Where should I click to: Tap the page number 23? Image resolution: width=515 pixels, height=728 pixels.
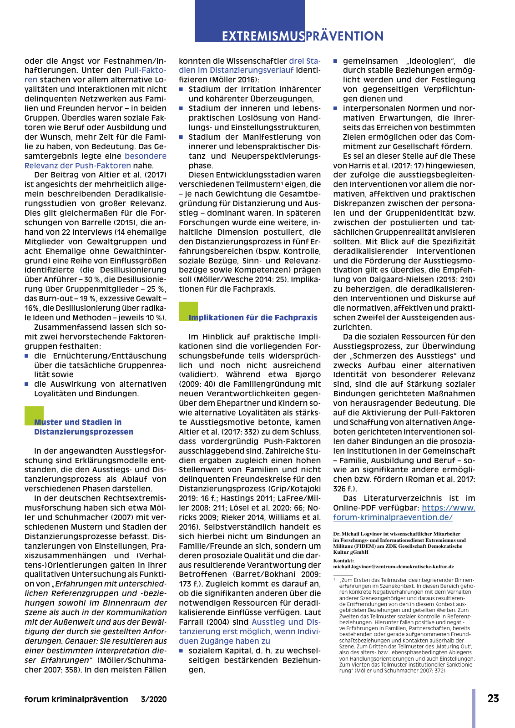493,698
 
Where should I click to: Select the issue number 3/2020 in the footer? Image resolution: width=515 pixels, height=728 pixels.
154,699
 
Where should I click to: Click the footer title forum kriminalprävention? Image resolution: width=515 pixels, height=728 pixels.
76,699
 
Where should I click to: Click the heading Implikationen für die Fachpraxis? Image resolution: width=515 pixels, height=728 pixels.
253,318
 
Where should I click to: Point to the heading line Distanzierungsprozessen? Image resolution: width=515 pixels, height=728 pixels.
84,432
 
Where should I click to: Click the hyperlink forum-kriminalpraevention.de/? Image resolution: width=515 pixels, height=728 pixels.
393,517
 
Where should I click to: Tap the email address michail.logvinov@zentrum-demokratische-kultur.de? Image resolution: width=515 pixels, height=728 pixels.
393,567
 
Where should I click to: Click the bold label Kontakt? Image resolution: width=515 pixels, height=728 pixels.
343,561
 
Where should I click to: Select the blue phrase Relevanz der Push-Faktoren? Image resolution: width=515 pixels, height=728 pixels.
78,166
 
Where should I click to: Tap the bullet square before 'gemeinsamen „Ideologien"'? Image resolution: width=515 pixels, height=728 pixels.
336,61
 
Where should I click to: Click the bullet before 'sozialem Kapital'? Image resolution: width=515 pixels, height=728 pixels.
181,651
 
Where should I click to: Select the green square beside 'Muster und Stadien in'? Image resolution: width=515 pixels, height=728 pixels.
34,415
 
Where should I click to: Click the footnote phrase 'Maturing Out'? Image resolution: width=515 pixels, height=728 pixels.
457,647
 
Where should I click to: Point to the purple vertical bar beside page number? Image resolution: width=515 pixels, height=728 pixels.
474,708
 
